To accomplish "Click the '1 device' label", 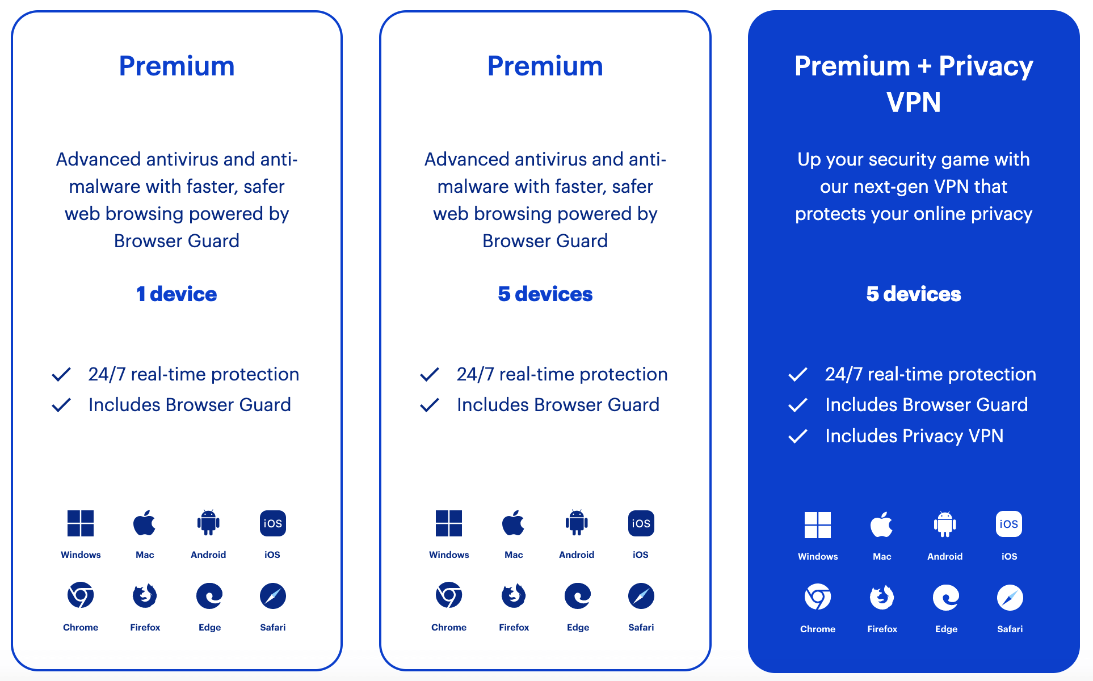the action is click(176, 294).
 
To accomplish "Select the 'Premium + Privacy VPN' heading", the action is click(914, 84).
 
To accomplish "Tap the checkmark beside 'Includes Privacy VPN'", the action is click(798, 436).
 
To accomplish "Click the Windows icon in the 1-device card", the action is click(81, 523).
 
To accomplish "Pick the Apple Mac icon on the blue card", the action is click(881, 525).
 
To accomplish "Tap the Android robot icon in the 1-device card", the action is click(208, 522).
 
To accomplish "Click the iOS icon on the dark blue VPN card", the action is click(1009, 525).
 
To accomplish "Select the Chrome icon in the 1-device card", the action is click(81, 595).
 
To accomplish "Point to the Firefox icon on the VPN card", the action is click(882, 597).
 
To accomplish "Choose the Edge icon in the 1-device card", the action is click(209, 595).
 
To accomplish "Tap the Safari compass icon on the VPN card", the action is click(1010, 598).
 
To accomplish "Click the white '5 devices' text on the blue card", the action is click(914, 294).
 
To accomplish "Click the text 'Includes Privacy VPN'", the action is click(914, 436).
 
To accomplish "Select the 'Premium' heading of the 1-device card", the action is click(176, 66).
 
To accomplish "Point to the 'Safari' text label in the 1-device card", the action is click(273, 627).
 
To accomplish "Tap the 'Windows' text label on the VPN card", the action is click(818, 556).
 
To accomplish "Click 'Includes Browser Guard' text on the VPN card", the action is click(927, 405).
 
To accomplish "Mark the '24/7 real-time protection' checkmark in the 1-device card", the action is click(61, 374).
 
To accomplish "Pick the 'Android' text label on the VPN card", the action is click(945, 556).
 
